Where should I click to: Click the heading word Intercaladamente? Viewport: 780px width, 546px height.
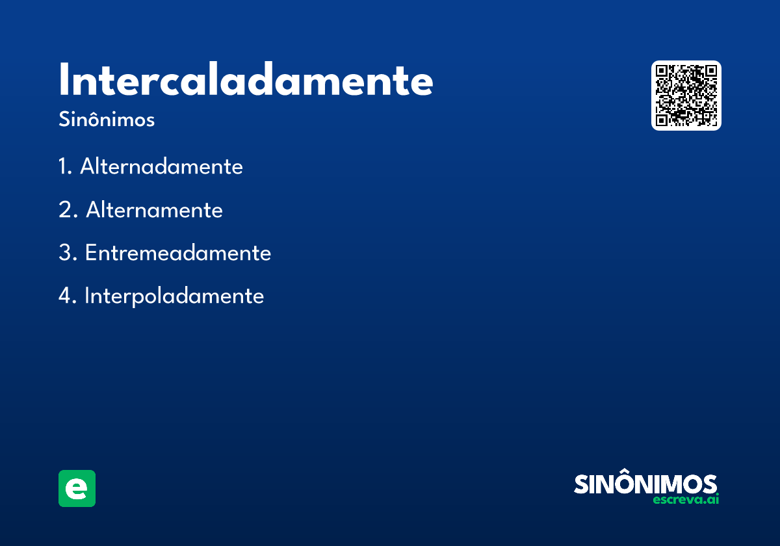coord(246,81)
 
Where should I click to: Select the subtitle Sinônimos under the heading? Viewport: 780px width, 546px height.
coord(107,120)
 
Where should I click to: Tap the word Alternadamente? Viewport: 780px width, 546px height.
coord(161,167)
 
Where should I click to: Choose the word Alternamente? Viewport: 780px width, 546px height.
coord(154,211)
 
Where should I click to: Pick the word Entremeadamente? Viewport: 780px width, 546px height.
coord(177,253)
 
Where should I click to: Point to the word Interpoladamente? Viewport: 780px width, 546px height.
coord(174,296)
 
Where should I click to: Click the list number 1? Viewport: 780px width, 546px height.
coord(63,167)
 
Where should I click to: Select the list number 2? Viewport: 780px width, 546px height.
coord(65,211)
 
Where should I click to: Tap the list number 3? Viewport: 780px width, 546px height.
coord(65,253)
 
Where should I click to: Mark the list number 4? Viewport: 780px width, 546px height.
coord(65,296)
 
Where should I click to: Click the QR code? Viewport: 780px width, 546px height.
coord(686,96)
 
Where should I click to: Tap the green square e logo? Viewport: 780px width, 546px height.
coord(77,488)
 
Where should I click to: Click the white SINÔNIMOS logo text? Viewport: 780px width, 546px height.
coord(645,484)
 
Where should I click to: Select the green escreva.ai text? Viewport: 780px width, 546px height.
coord(686,500)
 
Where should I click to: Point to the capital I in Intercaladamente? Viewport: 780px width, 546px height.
coord(64,81)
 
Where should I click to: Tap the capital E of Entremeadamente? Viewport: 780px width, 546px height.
coord(90,253)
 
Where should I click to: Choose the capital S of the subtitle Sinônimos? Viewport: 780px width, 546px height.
coord(64,120)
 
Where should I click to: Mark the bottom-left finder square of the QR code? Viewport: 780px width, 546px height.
coord(662,120)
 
